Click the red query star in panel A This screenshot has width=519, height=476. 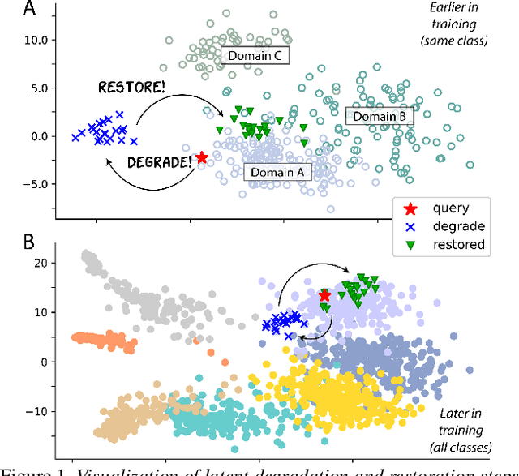click(x=202, y=157)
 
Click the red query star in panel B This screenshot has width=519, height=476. click(x=324, y=295)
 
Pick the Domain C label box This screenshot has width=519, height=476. click(x=250, y=55)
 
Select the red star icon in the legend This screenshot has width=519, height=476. click(x=410, y=208)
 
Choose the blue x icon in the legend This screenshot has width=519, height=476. click(x=410, y=226)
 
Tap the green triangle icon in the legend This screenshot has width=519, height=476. click(x=410, y=244)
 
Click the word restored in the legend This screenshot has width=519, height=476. click(x=459, y=244)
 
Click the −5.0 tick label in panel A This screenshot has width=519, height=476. click(x=33, y=184)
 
